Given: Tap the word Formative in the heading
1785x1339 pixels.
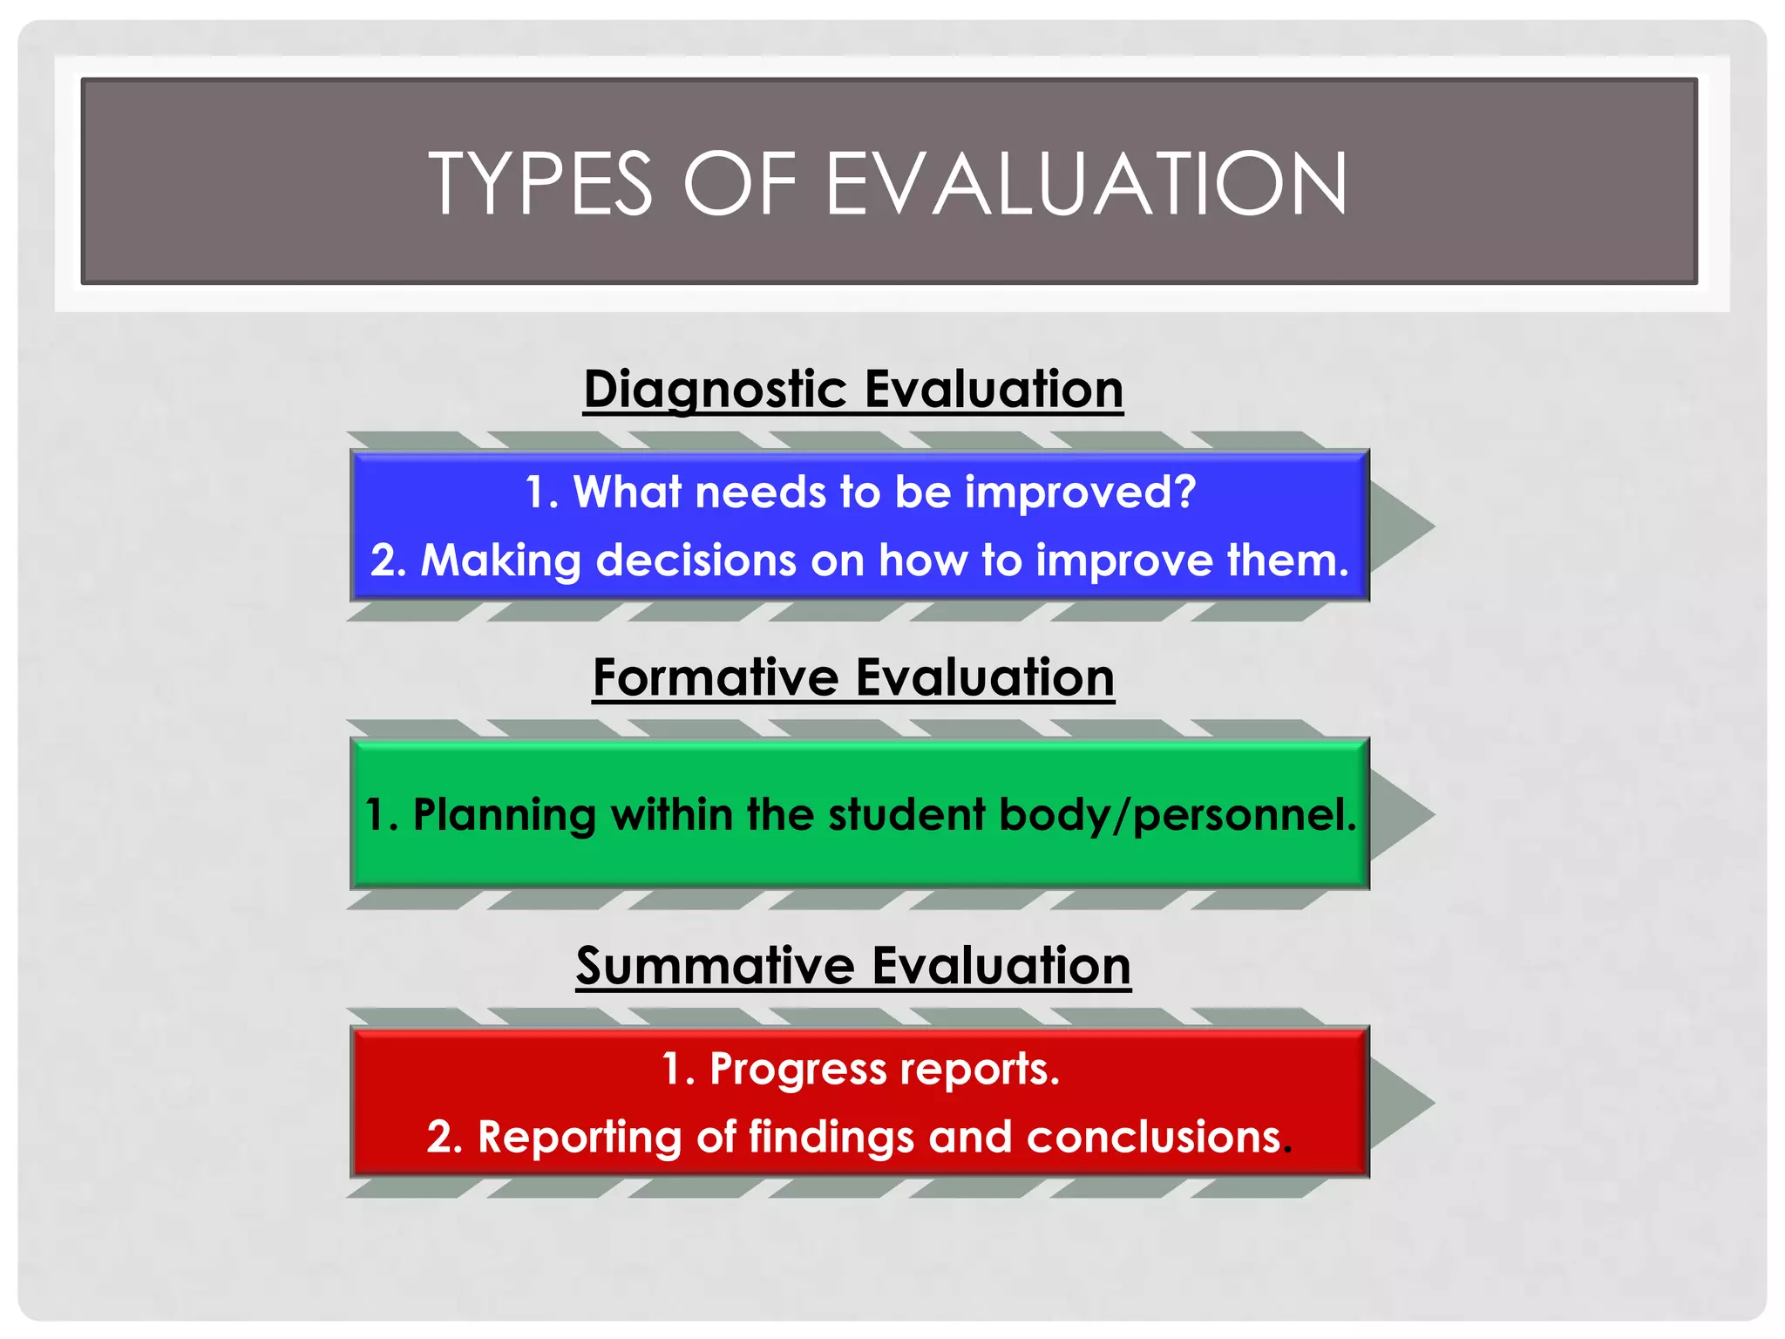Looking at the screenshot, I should (x=716, y=677).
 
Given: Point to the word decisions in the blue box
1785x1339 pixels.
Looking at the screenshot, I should (x=696, y=560).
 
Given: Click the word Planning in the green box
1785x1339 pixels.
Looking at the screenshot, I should (x=504, y=815).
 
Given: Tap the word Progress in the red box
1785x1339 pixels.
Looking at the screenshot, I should (x=797, y=1069).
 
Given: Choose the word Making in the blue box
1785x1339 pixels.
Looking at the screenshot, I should (x=500, y=561).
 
